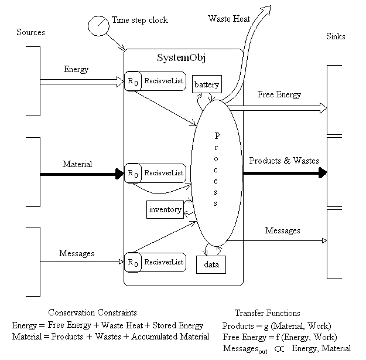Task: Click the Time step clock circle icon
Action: [97, 26]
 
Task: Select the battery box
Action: [207, 85]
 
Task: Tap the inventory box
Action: [165, 209]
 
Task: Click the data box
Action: [211, 264]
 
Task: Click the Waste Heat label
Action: [229, 19]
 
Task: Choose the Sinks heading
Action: [335, 36]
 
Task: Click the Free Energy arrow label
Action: [279, 94]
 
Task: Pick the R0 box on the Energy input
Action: [132, 80]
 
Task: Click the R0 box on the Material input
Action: [132, 174]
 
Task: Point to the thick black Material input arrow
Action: [81, 174]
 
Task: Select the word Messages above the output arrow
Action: [282, 231]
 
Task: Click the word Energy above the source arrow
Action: [76, 70]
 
